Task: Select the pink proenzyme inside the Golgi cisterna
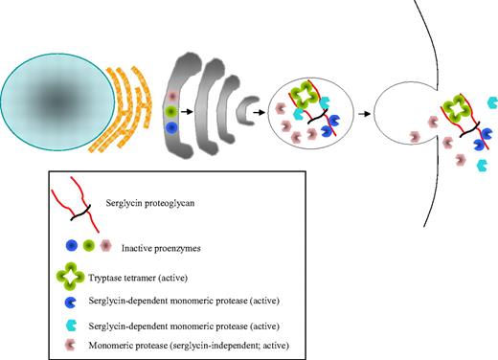coord(170,97)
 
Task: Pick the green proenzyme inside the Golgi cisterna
coord(170,111)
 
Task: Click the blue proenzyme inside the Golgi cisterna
coord(171,126)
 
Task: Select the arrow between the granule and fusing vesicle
coord(362,112)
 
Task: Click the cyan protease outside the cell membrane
coord(490,101)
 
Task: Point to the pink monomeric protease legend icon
coord(73,344)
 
